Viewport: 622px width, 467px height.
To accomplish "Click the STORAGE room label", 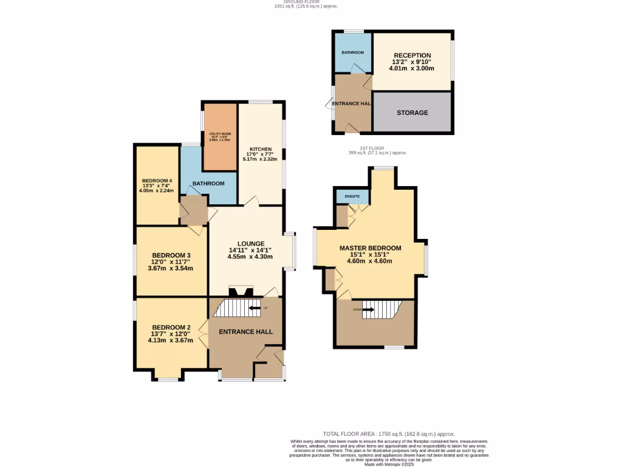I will click(412, 112).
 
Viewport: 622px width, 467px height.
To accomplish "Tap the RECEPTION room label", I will click(412, 55).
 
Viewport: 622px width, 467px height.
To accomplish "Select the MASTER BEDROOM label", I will click(370, 248).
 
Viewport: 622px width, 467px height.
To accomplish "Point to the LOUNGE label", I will click(246, 243).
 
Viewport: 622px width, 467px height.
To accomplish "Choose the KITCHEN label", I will click(261, 149).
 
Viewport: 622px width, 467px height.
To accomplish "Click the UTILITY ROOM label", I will click(220, 134).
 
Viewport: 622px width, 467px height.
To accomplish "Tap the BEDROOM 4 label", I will click(157, 181).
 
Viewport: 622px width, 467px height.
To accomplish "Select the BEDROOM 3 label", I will click(171, 255).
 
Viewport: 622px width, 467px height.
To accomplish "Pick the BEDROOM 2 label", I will click(171, 327).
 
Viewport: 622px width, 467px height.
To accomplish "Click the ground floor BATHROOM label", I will click(208, 184).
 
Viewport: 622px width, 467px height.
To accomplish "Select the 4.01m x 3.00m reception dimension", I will click(412, 69).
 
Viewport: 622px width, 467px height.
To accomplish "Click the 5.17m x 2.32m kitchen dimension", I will click(260, 159).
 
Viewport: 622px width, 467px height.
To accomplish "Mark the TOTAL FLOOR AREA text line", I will click(388, 434).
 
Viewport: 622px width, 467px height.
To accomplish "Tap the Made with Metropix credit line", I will click(388, 465).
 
